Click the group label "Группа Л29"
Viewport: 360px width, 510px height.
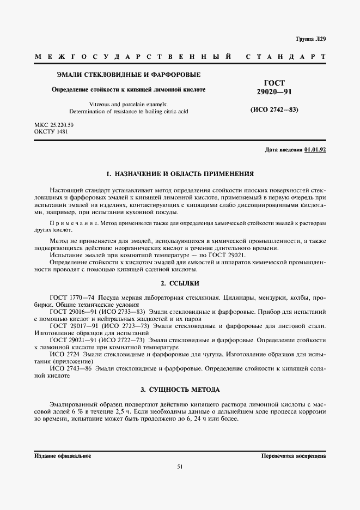tap(310, 39)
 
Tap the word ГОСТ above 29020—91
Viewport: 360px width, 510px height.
tap(274, 83)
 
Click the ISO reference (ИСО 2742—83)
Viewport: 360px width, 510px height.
tap(274, 110)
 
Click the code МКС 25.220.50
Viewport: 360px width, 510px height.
tap(54, 125)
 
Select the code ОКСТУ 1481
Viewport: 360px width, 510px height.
tap(51, 132)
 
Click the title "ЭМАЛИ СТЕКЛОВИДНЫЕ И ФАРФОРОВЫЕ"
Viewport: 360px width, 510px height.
tap(129, 74)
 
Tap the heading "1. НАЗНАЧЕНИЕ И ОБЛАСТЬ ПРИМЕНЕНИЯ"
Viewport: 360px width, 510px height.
tap(180, 174)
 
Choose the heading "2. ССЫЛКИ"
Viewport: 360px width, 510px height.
tap(180, 283)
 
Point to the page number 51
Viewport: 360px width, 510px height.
tap(180, 466)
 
